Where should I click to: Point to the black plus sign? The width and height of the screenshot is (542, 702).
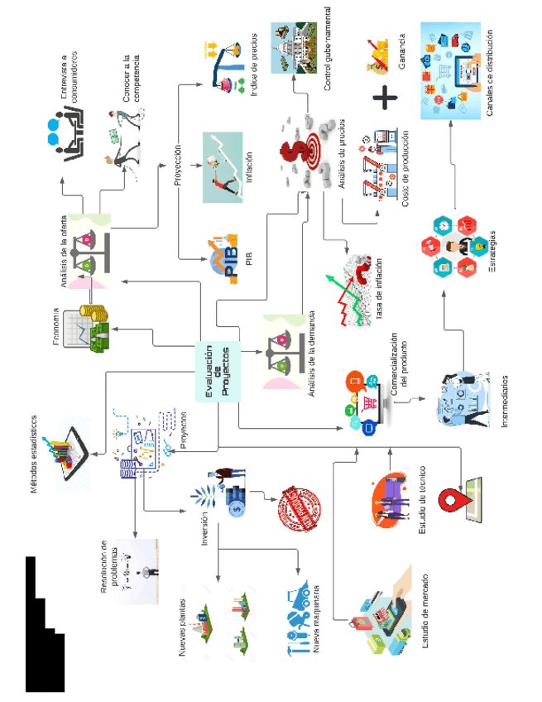(x=385, y=99)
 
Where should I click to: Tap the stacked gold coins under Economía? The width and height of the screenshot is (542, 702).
(x=98, y=315)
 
